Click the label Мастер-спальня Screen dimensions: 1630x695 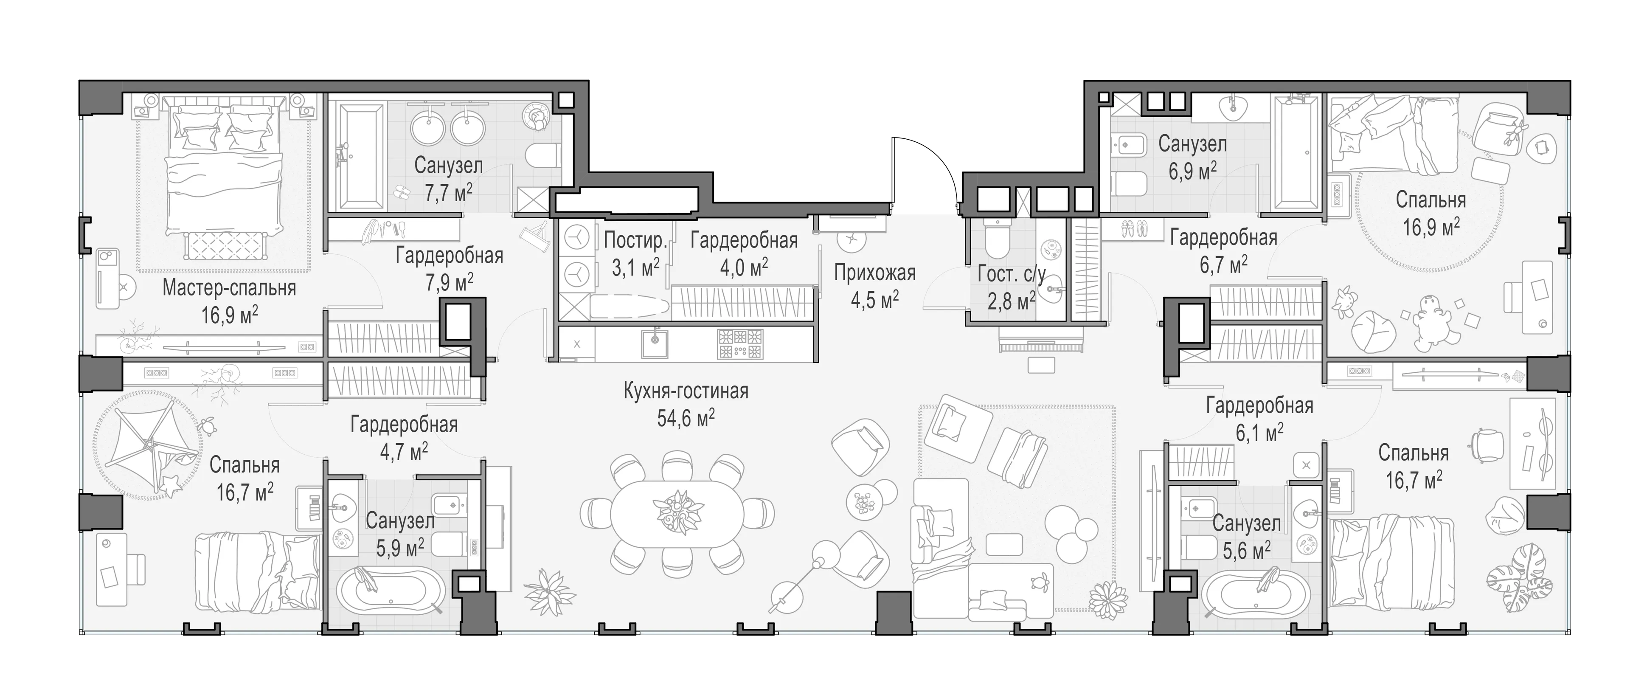pos(229,288)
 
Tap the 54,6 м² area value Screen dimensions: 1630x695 pos(686,418)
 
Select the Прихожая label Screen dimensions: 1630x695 pos(874,273)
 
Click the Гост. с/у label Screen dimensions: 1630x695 pos(1011,274)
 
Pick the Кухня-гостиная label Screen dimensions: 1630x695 pos(686,391)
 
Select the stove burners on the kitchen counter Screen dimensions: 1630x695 pos(740,344)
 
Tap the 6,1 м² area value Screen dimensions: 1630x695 pos(1259,432)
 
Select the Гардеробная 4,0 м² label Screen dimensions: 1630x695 pos(744,253)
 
